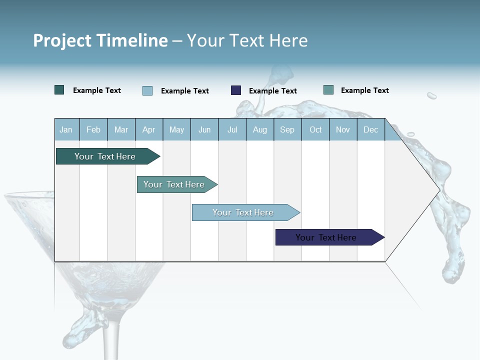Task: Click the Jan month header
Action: (x=66, y=129)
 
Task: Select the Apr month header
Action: (x=148, y=129)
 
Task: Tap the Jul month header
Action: (x=232, y=129)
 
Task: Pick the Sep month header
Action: (x=287, y=129)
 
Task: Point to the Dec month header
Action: (x=370, y=129)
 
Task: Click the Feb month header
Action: (x=93, y=129)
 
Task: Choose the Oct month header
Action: (x=315, y=129)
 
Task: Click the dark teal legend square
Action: (x=59, y=90)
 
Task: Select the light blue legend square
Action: (x=147, y=90)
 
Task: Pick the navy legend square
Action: (x=236, y=90)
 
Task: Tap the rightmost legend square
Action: (x=328, y=90)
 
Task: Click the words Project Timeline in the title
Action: (x=100, y=40)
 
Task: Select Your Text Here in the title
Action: (x=247, y=40)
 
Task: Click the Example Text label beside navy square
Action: (x=272, y=91)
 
